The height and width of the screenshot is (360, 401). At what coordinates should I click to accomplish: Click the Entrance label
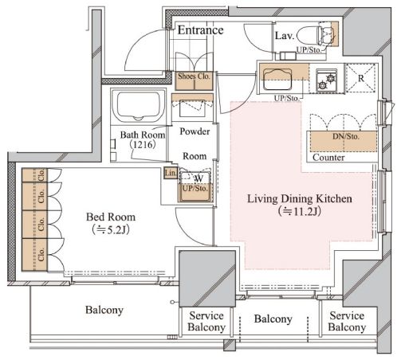click(200, 30)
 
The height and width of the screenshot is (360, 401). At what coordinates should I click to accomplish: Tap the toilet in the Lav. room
click(316, 35)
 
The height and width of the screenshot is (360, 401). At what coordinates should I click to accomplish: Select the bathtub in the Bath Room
click(138, 105)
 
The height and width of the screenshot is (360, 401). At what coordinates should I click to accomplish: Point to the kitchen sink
click(277, 80)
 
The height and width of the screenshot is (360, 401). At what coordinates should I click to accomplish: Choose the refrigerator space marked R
click(360, 78)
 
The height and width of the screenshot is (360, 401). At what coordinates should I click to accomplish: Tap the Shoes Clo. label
click(194, 76)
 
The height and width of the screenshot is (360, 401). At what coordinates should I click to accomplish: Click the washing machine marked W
click(195, 183)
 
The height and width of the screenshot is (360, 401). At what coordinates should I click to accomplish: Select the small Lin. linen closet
click(171, 173)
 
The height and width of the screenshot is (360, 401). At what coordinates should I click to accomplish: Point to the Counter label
click(328, 158)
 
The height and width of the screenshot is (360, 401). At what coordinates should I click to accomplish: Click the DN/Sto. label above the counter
click(346, 136)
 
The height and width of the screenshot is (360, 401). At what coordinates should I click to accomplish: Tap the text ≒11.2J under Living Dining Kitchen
click(300, 211)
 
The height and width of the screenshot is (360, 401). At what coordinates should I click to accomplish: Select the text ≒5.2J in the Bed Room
click(111, 229)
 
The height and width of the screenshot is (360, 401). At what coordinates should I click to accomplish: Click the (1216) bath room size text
click(143, 145)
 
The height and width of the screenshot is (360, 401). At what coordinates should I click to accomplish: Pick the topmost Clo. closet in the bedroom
click(34, 175)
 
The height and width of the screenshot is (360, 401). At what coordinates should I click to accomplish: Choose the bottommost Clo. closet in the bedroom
click(34, 254)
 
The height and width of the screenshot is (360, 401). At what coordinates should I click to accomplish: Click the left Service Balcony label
click(206, 321)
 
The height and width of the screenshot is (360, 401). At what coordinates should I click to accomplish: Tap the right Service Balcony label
click(347, 321)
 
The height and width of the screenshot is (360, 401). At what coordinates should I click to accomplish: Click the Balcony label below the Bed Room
click(104, 310)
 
